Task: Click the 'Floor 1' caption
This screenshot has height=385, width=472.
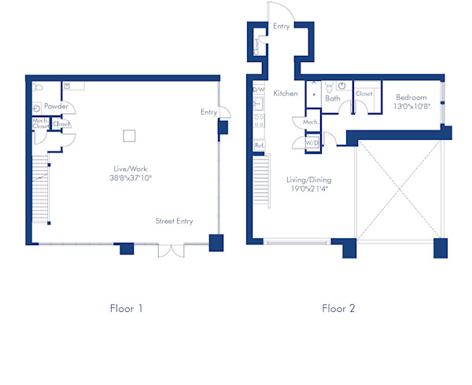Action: (126, 309)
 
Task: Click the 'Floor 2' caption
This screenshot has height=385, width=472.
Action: (338, 309)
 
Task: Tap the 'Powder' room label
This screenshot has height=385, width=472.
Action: (55, 106)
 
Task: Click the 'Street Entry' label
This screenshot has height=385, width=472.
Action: (174, 222)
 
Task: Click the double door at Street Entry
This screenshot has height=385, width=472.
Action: (171, 250)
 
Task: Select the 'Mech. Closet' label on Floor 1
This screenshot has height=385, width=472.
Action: (40, 123)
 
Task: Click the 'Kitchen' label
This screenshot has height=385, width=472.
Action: (286, 93)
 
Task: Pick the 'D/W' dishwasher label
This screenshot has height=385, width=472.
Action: (258, 90)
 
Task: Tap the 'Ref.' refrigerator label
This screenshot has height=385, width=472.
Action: (258, 145)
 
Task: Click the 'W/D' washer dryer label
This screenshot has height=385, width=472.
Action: (312, 143)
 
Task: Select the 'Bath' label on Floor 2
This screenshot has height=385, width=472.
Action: (333, 98)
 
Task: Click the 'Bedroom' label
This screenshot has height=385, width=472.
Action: (411, 97)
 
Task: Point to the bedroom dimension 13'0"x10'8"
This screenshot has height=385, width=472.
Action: (411, 107)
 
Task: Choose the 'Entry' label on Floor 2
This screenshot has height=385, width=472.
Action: (282, 26)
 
